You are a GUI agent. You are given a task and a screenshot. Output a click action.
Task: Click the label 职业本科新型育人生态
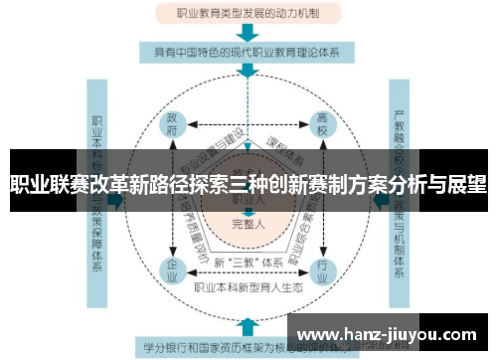click(248, 287)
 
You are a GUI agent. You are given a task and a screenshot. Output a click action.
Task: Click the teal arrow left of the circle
click(118, 198)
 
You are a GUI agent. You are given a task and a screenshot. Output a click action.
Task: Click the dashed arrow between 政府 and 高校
click(248, 125)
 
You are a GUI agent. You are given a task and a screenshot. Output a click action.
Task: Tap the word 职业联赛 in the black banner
click(40, 184)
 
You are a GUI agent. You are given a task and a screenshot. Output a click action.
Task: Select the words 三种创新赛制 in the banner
click(288, 184)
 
